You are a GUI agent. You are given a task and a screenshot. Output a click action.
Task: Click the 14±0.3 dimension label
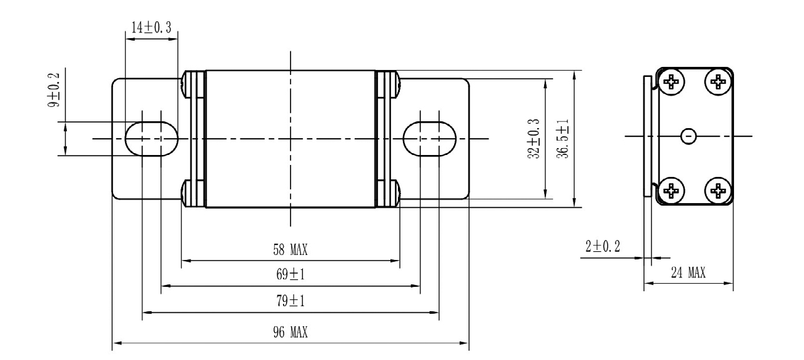[x=152, y=26]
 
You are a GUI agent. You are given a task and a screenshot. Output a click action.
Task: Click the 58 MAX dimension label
[x=290, y=251]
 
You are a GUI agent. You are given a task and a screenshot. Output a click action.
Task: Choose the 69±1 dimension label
[x=290, y=275]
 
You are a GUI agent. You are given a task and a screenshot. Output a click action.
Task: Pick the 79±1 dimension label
[x=290, y=301]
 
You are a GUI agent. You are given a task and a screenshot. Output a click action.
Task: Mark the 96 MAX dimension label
[x=290, y=331]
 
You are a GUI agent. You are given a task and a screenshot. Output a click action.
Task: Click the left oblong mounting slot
[x=152, y=137]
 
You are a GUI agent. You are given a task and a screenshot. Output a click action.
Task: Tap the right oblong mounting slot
[x=429, y=137]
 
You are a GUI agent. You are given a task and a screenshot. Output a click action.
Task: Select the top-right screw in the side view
[x=718, y=81]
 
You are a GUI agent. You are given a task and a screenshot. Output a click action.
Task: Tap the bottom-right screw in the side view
[x=718, y=190]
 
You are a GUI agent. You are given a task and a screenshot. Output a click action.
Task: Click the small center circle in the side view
[x=688, y=136]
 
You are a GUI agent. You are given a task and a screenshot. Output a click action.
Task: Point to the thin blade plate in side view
[x=648, y=136]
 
